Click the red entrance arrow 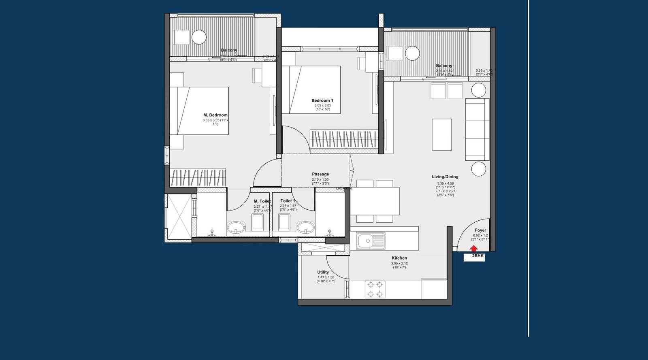point(473,249)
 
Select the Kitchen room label point(399,258)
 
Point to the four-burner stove point(375,289)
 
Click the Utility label point(323,272)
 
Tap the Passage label point(320,174)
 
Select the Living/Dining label point(445,177)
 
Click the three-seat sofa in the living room point(477,129)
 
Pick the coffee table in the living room point(441,134)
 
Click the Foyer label point(480,230)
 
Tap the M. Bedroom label point(215,115)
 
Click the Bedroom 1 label point(322,100)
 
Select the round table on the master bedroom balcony point(199,37)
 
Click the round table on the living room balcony point(412,53)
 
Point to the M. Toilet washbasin point(236,227)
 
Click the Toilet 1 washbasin point(305,227)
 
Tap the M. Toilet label point(262,201)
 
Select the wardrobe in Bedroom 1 point(343,139)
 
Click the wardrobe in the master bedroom point(198,177)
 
